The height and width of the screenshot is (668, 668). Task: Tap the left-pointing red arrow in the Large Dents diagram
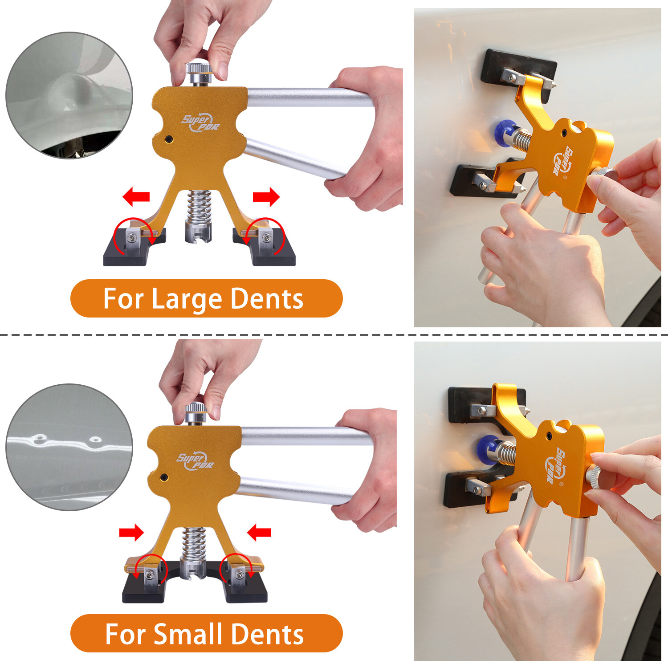[x=136, y=196]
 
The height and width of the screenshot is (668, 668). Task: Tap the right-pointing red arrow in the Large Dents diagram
[x=266, y=196]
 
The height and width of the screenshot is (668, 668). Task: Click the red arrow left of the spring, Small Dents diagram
[x=131, y=532]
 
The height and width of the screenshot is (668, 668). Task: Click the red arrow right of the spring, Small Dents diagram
[x=259, y=532]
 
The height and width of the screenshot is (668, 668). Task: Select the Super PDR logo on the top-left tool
[x=200, y=122]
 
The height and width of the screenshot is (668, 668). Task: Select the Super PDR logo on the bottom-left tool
[x=196, y=460]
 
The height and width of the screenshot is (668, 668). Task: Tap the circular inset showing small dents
[x=69, y=447]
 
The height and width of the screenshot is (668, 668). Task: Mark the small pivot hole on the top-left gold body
[x=168, y=139]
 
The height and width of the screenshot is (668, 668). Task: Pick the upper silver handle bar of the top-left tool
[x=307, y=97]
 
